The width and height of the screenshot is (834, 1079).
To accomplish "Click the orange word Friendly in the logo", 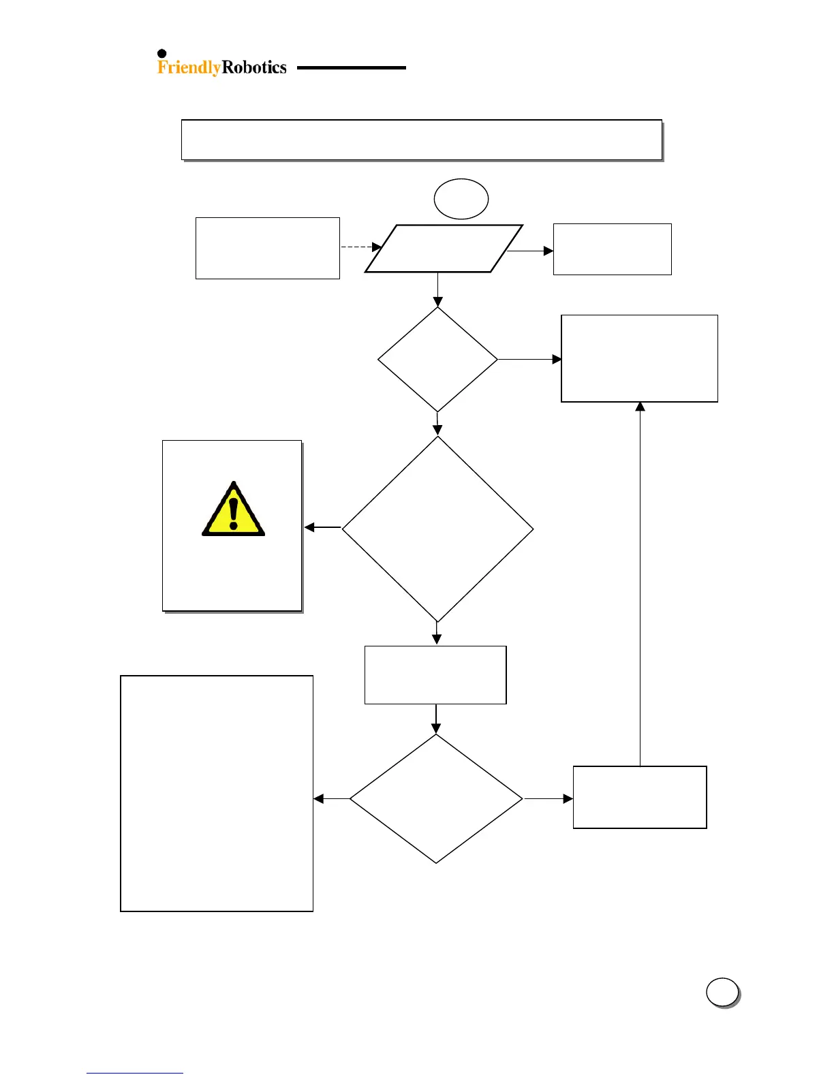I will tap(189, 67).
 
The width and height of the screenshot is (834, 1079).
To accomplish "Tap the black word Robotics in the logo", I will tap(254, 67).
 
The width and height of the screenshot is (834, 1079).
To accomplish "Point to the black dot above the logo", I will tap(162, 54).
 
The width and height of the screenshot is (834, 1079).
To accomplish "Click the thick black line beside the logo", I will tap(351, 68).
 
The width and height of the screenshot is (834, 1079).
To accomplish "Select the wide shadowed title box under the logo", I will tap(422, 140).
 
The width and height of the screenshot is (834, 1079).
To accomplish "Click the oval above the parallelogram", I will tap(461, 199).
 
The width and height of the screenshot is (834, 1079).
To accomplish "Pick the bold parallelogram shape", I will tap(444, 249).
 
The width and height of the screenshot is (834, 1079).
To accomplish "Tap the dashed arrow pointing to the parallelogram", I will tap(360, 247).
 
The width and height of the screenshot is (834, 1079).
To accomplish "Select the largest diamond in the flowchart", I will tap(437, 529).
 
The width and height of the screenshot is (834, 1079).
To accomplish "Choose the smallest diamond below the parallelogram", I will tap(437, 359).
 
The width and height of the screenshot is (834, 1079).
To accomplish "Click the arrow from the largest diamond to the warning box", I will tap(322, 527).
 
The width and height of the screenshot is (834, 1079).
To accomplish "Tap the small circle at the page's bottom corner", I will tap(722, 992).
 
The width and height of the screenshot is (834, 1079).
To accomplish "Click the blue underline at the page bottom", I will tap(135, 1074).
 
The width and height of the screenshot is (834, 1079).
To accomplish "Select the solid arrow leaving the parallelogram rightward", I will tap(531, 251).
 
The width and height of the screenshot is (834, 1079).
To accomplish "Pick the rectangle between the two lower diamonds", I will tap(435, 674).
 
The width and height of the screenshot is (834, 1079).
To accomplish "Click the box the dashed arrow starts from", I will tap(267, 248).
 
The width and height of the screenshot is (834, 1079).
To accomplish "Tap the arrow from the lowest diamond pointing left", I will tap(332, 798).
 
